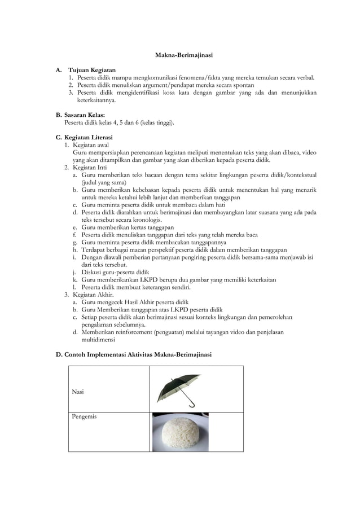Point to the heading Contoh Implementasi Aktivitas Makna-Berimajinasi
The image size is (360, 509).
pos(138,354)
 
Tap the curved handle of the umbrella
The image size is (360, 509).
pos(190,404)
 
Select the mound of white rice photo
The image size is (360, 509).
pos(180,433)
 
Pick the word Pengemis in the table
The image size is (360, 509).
pos(84,416)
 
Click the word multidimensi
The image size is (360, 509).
pos(98,340)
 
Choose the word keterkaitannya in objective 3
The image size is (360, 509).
pos(96,100)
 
